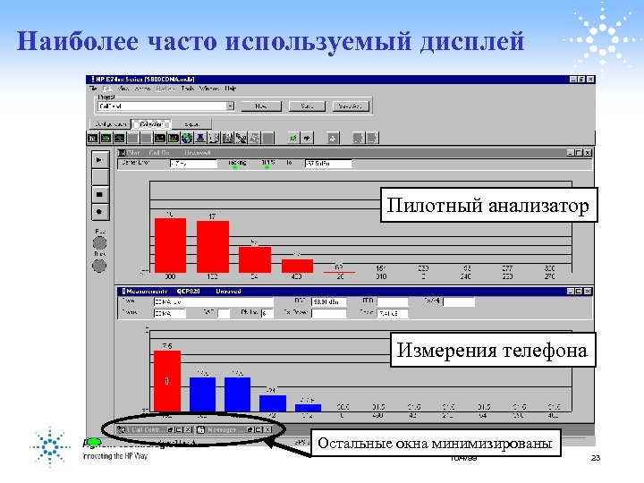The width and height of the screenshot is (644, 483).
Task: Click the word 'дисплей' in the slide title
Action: [470, 42]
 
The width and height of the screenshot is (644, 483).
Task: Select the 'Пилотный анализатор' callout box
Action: [487, 207]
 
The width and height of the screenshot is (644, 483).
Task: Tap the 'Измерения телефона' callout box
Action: [492, 351]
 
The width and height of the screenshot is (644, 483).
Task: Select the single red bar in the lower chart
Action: [167, 383]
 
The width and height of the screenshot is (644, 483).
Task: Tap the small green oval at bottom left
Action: [91, 441]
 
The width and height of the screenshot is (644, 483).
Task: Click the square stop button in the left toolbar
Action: [98, 193]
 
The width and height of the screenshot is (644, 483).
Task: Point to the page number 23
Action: [596, 458]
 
